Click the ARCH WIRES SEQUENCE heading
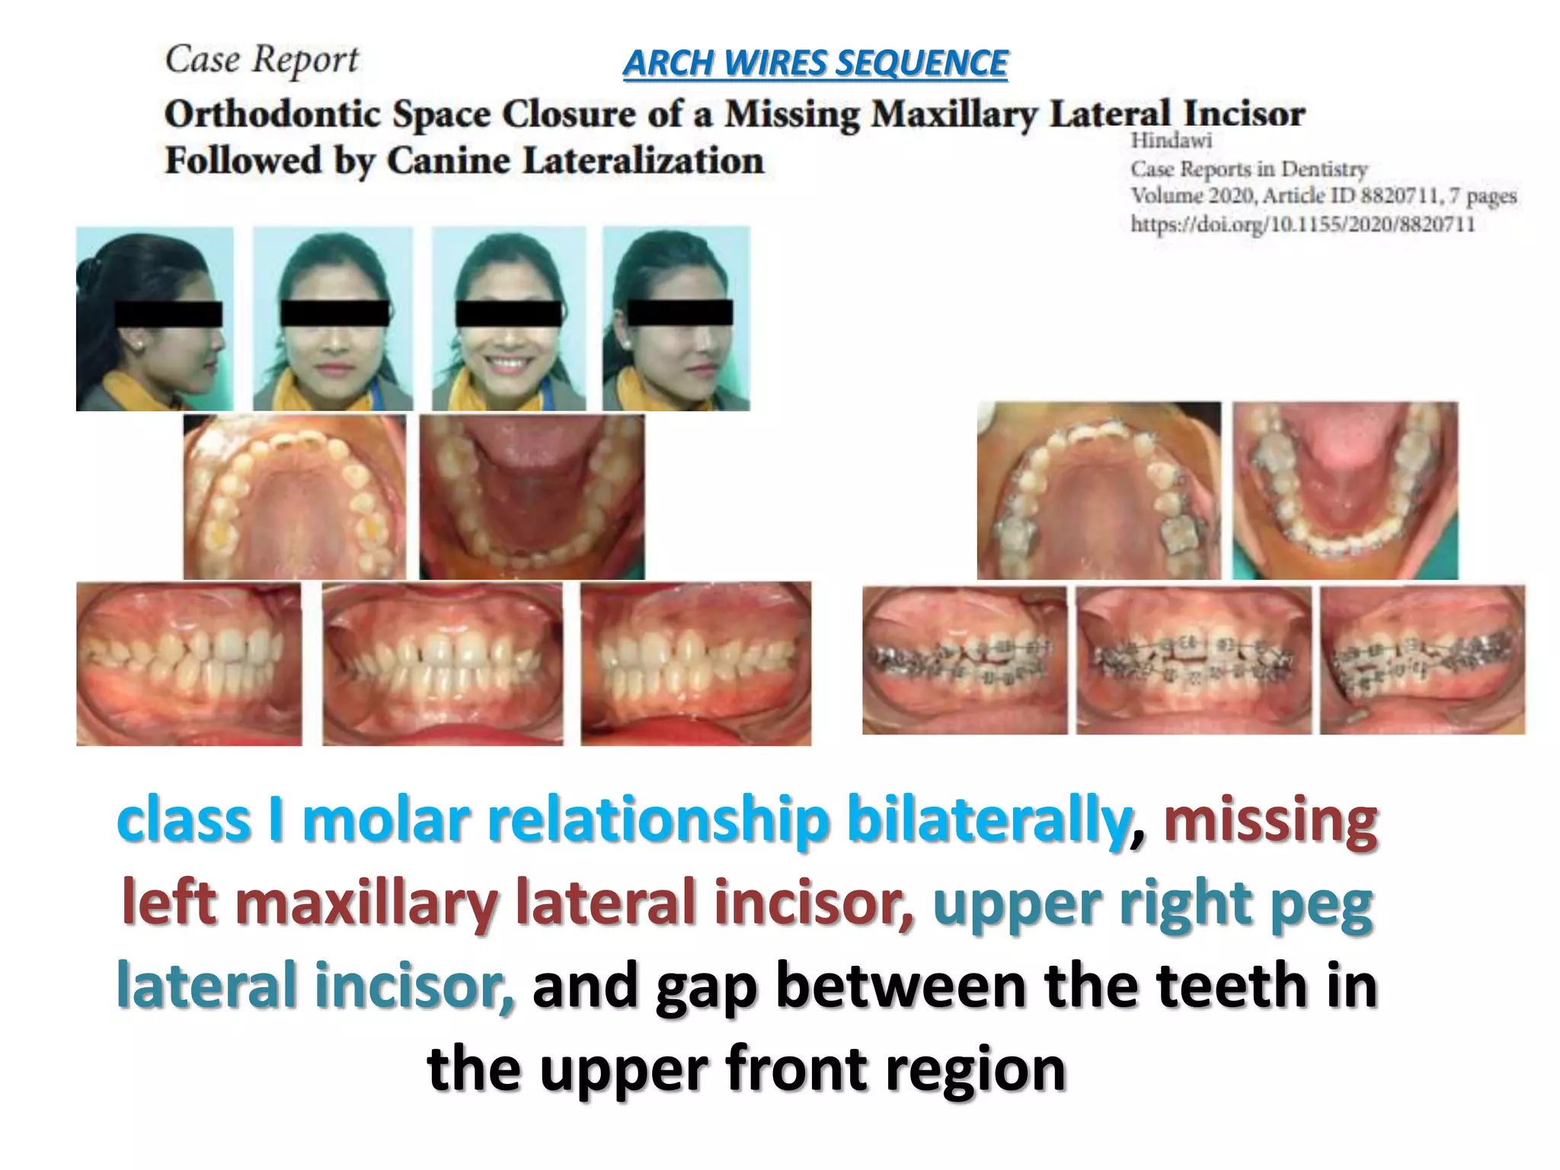tap(815, 63)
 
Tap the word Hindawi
tap(1171, 141)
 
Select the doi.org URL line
tap(1303, 224)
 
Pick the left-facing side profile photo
tap(155, 319)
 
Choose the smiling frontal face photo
tap(509, 319)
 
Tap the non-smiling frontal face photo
tap(333, 319)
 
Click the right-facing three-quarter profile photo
tap(676, 319)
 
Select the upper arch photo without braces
tap(295, 497)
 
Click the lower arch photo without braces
tap(532, 497)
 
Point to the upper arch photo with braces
tap(1098, 491)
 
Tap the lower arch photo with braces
tap(1345, 491)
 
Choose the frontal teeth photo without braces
tap(443, 663)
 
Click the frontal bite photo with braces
tap(1194, 660)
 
